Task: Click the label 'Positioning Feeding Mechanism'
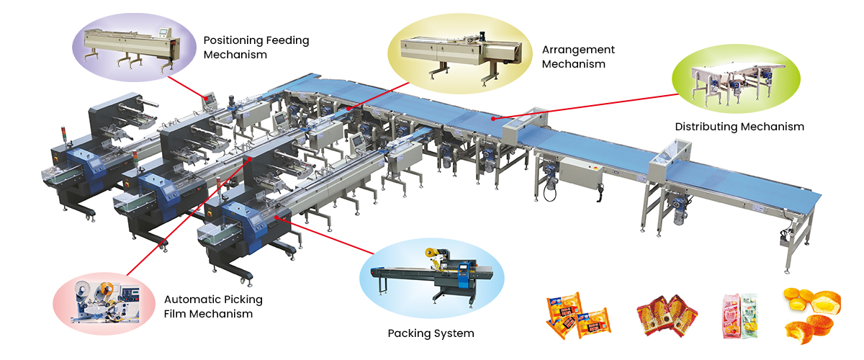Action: [256, 47]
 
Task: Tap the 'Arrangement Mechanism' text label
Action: [578, 56]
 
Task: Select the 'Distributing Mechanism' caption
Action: [739, 127]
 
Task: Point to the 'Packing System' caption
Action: [431, 333]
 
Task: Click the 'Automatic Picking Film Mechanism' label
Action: [213, 306]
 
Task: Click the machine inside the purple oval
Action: [130, 48]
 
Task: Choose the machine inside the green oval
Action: [738, 81]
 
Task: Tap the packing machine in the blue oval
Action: [432, 275]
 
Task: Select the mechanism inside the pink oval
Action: [104, 301]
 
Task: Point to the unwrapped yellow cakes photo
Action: [814, 315]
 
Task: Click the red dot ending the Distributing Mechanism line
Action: [492, 118]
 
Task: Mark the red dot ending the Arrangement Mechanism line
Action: [349, 108]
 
